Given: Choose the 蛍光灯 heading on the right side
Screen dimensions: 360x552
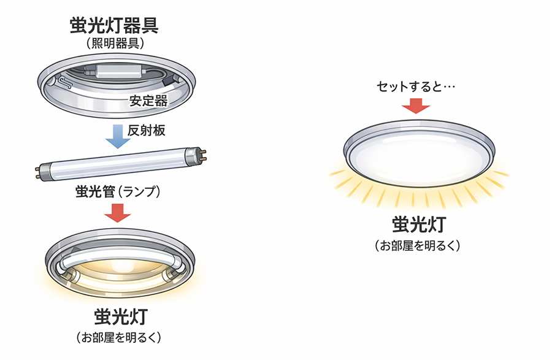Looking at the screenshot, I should [x=416, y=225].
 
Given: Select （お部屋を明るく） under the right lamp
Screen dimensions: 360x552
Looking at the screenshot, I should [x=416, y=246].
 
